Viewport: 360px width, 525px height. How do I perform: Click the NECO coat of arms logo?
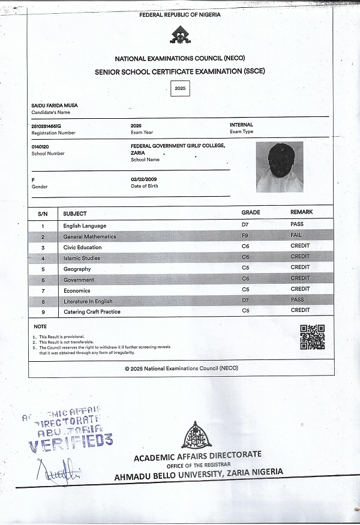(x=179, y=36)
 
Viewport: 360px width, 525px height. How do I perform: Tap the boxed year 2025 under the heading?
(x=179, y=88)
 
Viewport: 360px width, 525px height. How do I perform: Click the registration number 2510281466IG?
(x=46, y=125)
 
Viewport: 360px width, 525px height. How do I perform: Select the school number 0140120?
(x=40, y=146)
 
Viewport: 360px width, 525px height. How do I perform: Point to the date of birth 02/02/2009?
(x=145, y=179)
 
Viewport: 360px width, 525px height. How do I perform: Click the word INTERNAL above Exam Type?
(x=241, y=125)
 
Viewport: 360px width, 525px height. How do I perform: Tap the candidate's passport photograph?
(x=279, y=167)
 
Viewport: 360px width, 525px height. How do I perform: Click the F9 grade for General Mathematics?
(x=245, y=236)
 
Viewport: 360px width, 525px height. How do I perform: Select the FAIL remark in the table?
(x=296, y=235)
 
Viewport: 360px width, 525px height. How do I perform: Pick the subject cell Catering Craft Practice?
(x=92, y=312)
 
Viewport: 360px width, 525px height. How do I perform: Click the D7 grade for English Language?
(x=245, y=224)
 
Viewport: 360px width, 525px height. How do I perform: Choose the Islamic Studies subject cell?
(x=82, y=258)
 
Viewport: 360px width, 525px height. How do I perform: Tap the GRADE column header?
(x=250, y=212)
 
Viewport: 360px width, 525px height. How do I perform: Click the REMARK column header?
(x=301, y=212)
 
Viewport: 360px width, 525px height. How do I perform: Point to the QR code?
(x=312, y=337)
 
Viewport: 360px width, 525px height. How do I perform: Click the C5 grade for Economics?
(x=245, y=289)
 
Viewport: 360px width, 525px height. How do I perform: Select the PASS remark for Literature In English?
(x=296, y=299)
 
